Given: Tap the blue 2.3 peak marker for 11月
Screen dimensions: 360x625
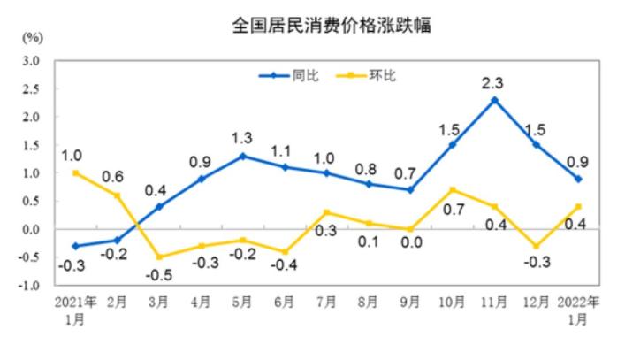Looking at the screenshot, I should tap(494, 100).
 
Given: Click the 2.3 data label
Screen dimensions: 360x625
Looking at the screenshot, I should tap(492, 83).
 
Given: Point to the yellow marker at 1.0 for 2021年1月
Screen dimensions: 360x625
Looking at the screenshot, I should tap(76, 172).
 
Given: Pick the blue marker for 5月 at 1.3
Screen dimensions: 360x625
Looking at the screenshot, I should tap(243, 156).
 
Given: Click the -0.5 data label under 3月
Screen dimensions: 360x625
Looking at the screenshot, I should tap(160, 273).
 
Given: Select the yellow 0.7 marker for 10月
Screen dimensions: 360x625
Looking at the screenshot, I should tap(453, 189).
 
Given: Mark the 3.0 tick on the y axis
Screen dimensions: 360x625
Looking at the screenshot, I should tap(32, 60).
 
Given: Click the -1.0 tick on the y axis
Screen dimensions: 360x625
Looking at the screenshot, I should tap(30, 286).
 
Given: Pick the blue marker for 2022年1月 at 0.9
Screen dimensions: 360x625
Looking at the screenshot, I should tap(578, 179).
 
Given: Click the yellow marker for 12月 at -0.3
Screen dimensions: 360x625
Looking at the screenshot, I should tap(536, 246).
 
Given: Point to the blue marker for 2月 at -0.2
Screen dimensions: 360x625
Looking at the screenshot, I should tap(118, 240).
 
